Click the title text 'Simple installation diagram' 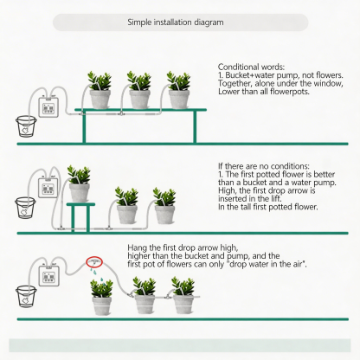tap(176, 22)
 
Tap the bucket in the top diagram tap(26, 126)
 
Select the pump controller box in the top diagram tap(48, 107)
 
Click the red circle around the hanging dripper tap(94, 261)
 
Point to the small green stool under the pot tap(80, 216)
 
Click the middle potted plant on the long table tap(139, 90)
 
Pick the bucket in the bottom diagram tap(26, 296)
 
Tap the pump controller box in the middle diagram tap(48, 188)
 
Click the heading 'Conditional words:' tap(251, 67)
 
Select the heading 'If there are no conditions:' tap(264, 166)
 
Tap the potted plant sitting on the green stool tap(79, 183)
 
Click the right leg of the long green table tap(195, 126)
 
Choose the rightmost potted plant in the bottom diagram tap(183, 295)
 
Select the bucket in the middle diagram tap(25, 208)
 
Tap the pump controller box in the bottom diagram tap(49, 276)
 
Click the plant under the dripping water tap(101, 297)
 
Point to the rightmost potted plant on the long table tap(179, 90)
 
